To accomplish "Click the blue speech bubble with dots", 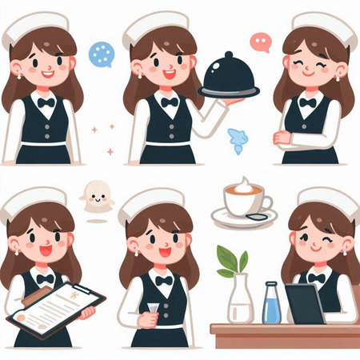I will click(102, 54).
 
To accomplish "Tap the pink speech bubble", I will click(261, 42).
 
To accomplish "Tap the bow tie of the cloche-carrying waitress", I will click(169, 102).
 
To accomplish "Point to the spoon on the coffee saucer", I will click(257, 217).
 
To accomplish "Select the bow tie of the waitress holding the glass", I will click(165, 280).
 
